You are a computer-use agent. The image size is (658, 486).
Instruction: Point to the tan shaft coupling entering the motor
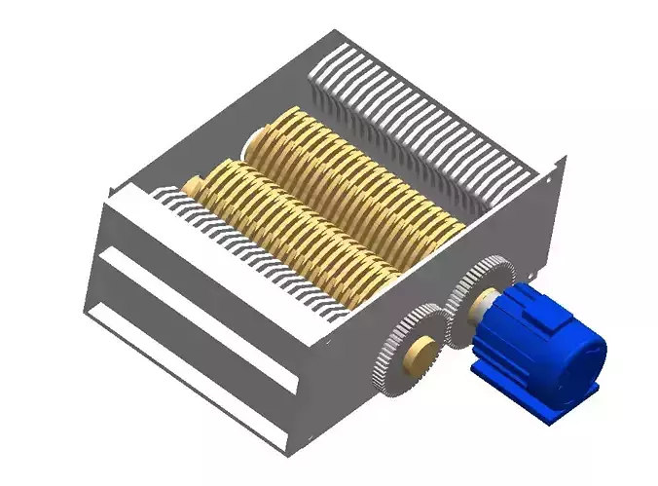click(484, 310)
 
